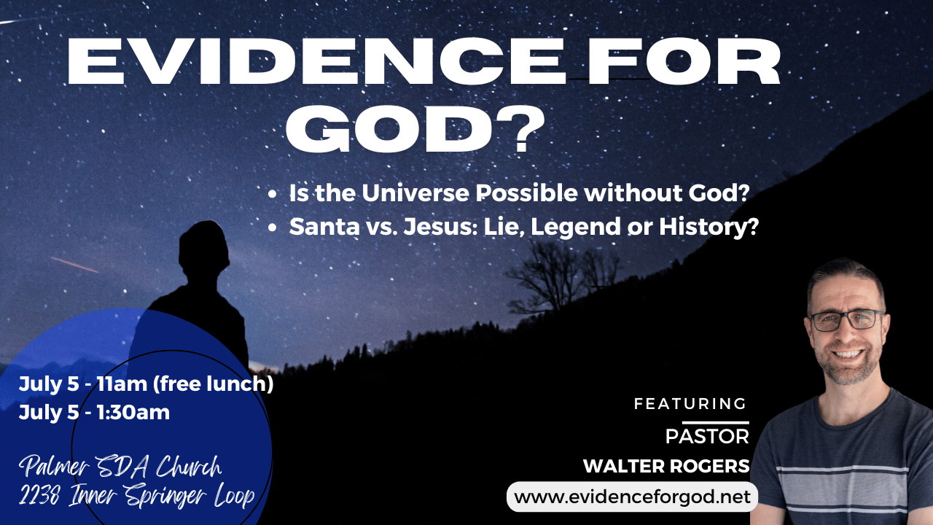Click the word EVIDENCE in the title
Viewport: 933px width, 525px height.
315,62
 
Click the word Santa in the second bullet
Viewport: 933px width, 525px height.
324,227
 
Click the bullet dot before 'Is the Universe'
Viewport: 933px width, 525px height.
273,194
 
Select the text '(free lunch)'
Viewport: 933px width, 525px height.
214,384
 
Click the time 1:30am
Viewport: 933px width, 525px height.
133,413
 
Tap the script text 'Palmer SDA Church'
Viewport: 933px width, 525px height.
120,466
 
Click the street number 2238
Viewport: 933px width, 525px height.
39,496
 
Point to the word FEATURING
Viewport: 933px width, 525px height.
690,403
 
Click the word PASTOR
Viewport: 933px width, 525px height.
707,437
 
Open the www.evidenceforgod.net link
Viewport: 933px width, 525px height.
632,497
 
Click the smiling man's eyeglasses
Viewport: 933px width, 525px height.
847,320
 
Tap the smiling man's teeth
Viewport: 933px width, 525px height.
848,354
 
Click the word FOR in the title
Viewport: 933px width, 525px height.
684,62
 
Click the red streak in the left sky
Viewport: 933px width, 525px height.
75,265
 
